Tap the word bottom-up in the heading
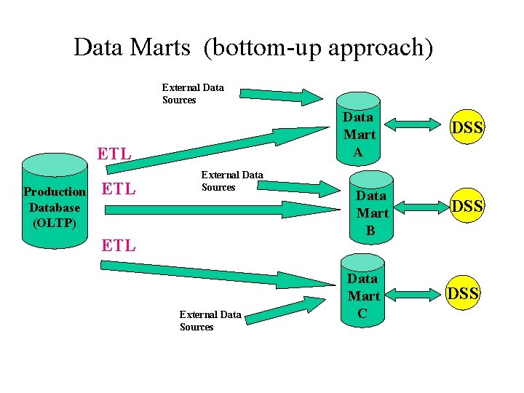point(262,48)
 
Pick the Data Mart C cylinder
point(362,291)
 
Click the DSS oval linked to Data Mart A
point(467,128)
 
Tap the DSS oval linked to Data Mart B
point(467,206)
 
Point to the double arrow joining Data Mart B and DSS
point(418,207)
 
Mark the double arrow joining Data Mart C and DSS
point(410,295)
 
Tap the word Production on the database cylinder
point(55,192)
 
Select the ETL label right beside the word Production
point(118,190)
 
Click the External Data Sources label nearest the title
point(193,94)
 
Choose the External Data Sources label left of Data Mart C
point(210,321)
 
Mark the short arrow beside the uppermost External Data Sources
point(281,95)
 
